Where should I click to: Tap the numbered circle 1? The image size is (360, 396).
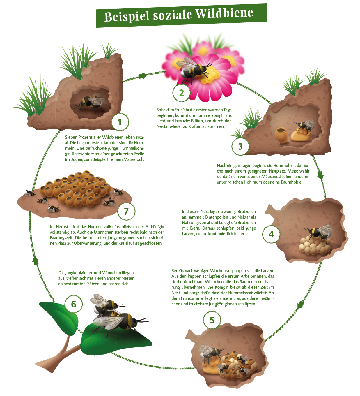click(120, 122)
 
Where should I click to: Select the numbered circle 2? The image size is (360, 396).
click(181, 93)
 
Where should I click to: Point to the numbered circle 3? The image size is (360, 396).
click(240, 147)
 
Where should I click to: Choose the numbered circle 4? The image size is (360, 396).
click(271, 234)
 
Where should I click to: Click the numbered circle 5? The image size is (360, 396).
click(212, 320)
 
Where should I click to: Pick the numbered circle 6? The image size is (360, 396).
click(74, 304)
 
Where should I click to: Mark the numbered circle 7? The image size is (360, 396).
click(126, 211)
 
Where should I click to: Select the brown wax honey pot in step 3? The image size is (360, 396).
click(281, 135)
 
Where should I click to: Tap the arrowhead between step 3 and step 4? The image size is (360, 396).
click(321, 175)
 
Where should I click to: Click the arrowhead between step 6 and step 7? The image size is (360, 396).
click(35, 261)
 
